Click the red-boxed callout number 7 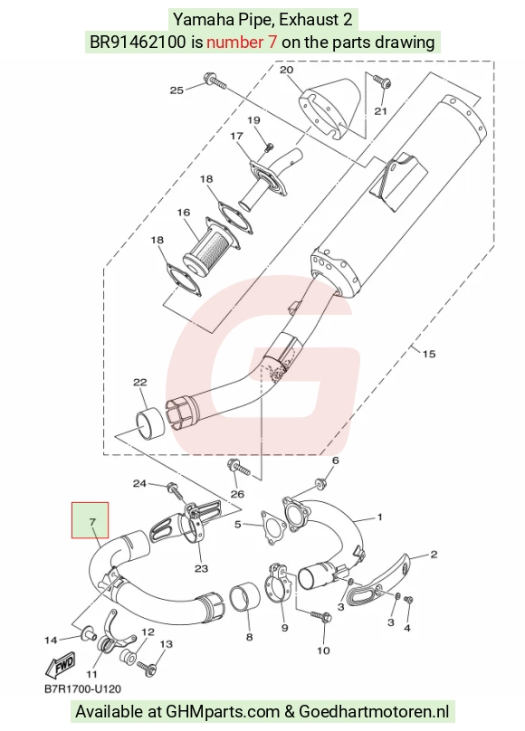pyautogui.click(x=92, y=522)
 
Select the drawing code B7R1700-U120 pyautogui.click(x=82, y=689)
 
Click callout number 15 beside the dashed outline pyautogui.click(x=428, y=354)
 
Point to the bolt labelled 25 pyautogui.click(x=215, y=81)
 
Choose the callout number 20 pyautogui.click(x=287, y=70)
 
